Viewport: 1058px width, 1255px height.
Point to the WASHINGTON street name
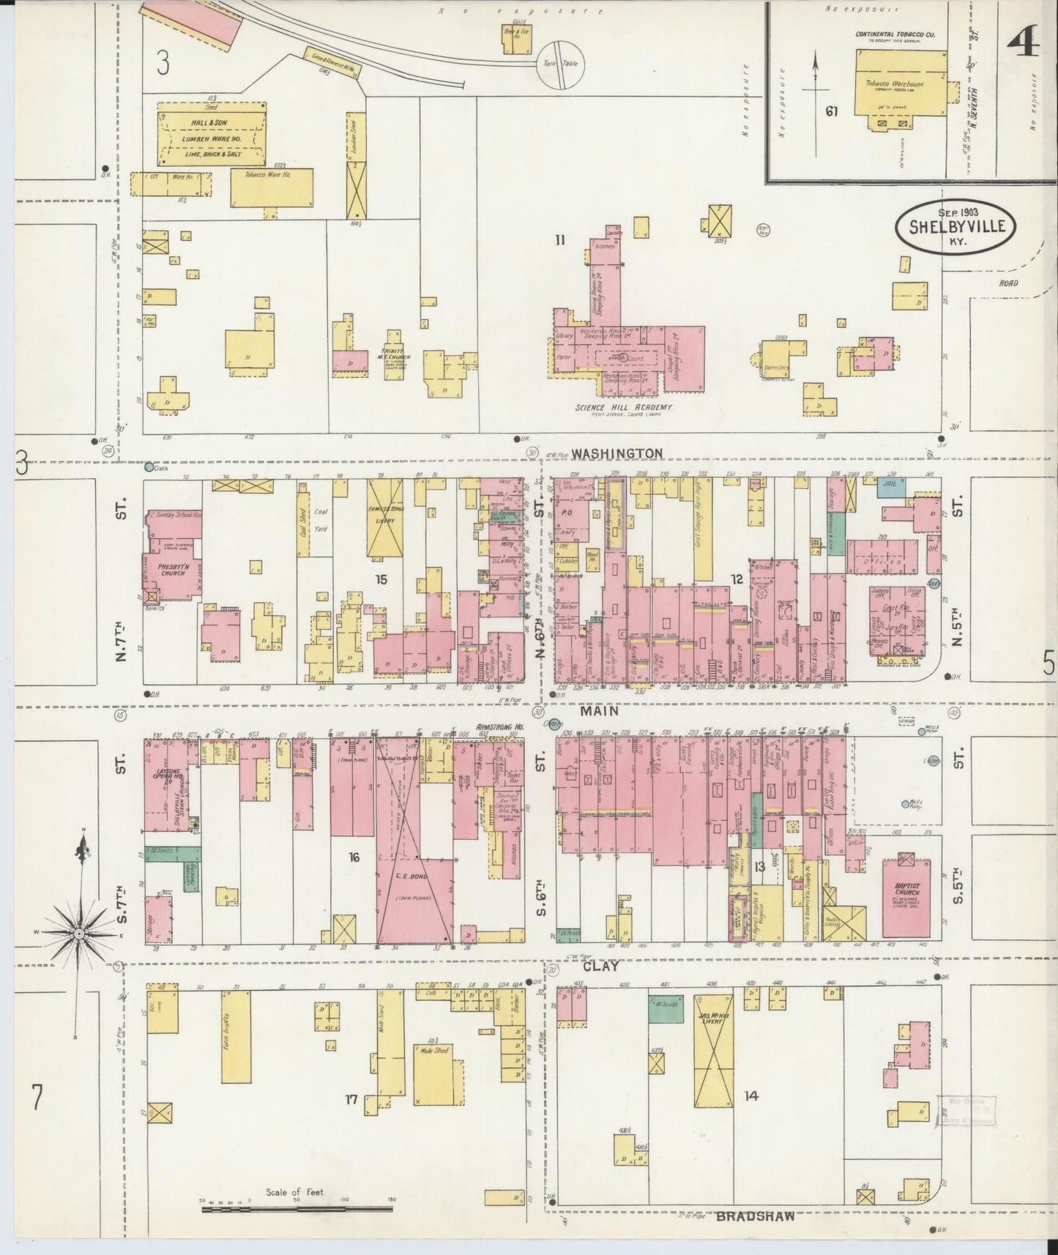coord(616,454)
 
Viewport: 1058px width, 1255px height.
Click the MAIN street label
coord(600,711)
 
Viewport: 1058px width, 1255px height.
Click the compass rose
coord(78,935)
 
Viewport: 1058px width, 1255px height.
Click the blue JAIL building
coord(891,488)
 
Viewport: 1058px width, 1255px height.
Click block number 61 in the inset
coord(831,111)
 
